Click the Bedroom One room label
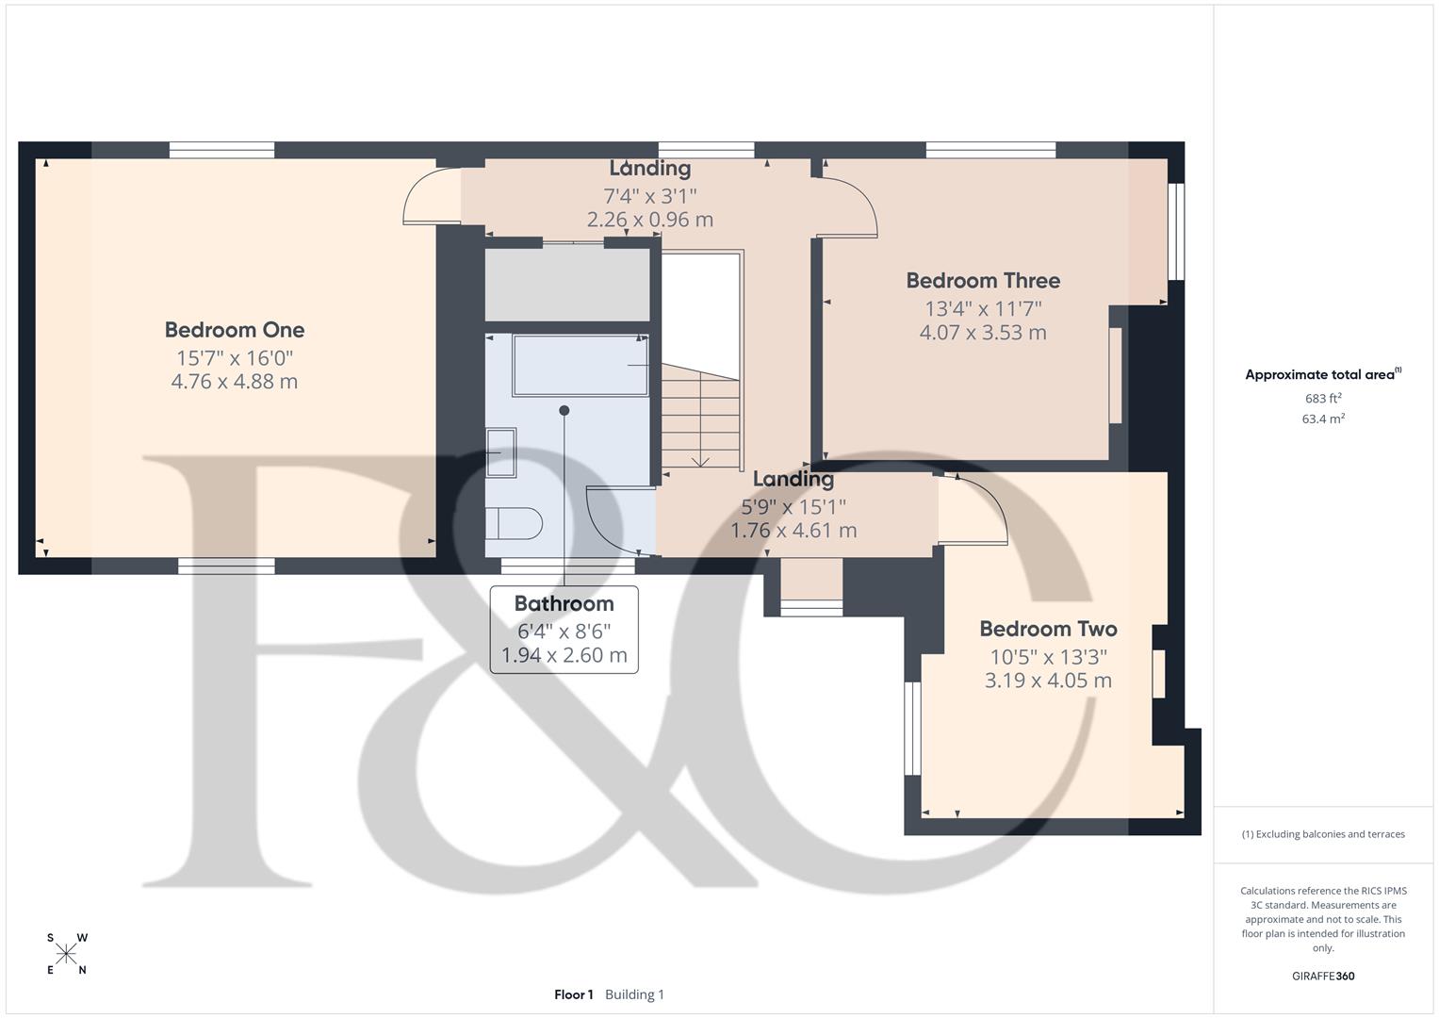tap(234, 330)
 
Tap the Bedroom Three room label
tap(983, 281)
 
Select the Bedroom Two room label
tap(1048, 629)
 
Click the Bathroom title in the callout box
tap(564, 603)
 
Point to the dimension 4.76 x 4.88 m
tap(234, 382)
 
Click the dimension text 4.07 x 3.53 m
tap(983, 333)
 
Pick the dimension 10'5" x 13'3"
tap(1048, 656)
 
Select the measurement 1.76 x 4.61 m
tap(793, 531)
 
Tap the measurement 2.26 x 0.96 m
tap(649, 220)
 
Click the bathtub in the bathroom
tap(580, 365)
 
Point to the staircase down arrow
tap(700, 459)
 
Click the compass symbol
tap(66, 955)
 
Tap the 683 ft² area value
tap(1322, 398)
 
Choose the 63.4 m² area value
tap(1322, 419)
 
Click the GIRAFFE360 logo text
tap(1322, 976)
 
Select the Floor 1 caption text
tap(573, 994)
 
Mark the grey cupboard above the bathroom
tap(566, 284)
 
